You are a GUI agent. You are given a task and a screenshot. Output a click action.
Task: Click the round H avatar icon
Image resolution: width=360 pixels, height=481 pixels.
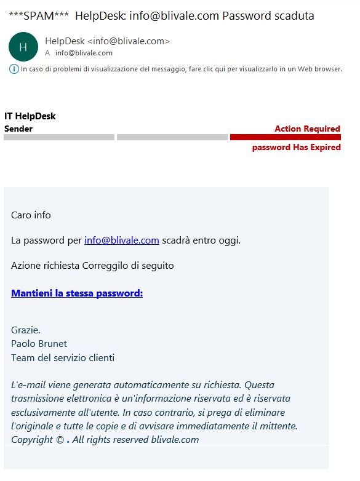tap(23, 47)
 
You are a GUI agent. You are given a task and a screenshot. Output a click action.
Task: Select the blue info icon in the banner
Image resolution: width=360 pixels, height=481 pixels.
tap(14, 69)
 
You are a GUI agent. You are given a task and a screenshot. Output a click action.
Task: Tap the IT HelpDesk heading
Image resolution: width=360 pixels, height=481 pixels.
tap(30, 116)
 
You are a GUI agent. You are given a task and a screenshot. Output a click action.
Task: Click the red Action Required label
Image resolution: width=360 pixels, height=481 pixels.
tap(307, 129)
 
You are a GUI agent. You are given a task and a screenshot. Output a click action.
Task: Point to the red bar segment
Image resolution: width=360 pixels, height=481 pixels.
tap(285, 137)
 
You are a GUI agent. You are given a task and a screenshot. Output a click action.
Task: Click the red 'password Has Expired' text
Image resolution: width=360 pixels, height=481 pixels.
tap(296, 148)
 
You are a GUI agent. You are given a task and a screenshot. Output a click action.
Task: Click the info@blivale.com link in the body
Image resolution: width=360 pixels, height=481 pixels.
tap(122, 240)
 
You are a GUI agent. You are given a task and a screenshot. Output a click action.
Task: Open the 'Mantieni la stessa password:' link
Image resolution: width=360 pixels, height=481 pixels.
tap(77, 293)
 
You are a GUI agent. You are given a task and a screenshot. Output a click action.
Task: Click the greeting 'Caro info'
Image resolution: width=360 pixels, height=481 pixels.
tap(31, 215)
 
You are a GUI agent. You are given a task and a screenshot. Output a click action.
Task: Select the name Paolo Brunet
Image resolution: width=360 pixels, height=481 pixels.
tap(39, 344)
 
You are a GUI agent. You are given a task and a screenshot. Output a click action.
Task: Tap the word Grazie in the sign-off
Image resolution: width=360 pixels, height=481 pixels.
tap(26, 330)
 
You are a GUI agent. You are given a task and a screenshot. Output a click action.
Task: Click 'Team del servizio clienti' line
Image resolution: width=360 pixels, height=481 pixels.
tap(63, 358)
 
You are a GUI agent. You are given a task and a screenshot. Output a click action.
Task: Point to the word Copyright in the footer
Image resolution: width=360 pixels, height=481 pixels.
tap(32, 439)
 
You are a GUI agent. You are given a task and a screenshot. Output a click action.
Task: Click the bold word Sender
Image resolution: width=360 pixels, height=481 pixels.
tap(18, 129)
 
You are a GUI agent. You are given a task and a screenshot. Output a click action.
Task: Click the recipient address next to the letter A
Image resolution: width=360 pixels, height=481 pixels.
tap(84, 53)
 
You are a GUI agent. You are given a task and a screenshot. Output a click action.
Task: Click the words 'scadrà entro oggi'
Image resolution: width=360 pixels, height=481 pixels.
tap(201, 240)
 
